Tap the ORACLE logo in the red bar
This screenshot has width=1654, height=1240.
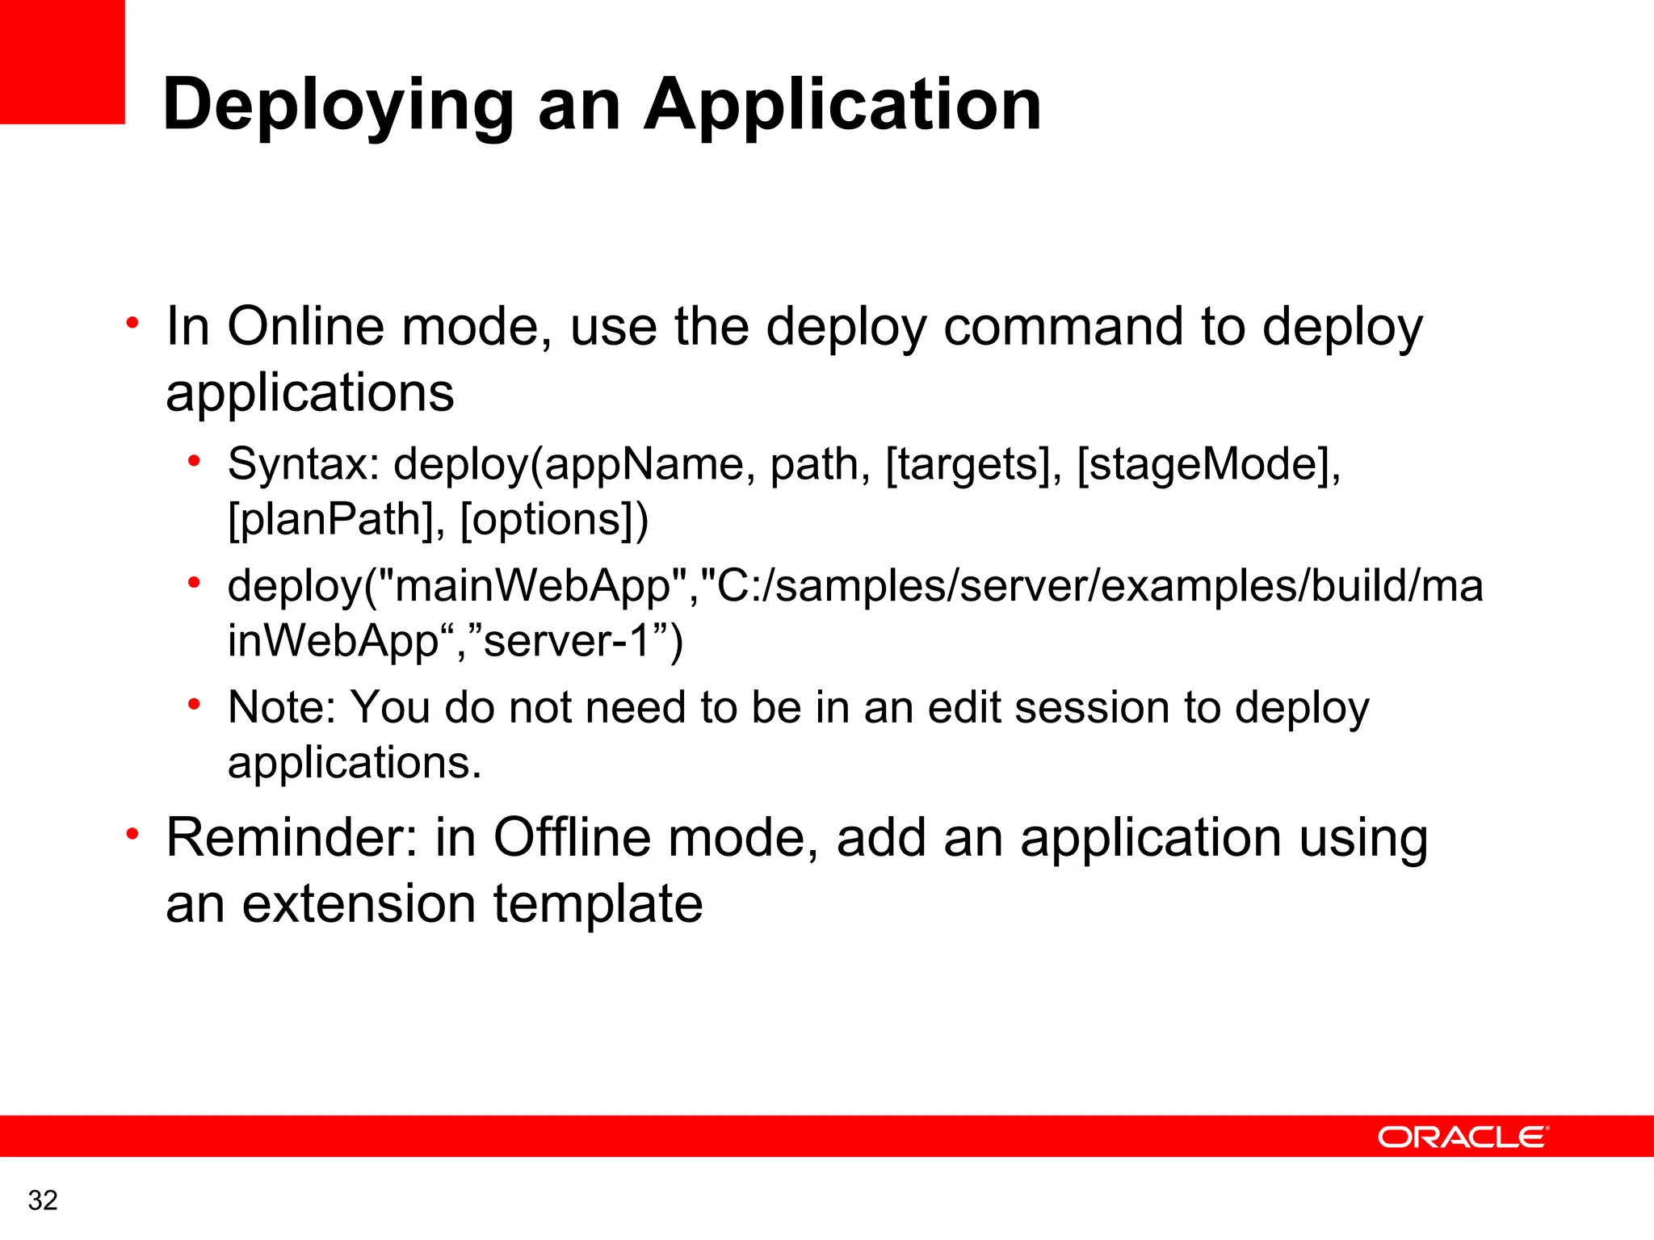click(x=1463, y=1137)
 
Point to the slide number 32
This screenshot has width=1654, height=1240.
click(x=43, y=1200)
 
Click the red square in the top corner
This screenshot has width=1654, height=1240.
click(x=62, y=61)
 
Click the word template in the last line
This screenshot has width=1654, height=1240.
click(x=598, y=903)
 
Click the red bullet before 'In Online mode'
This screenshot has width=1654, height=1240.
click(x=132, y=323)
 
